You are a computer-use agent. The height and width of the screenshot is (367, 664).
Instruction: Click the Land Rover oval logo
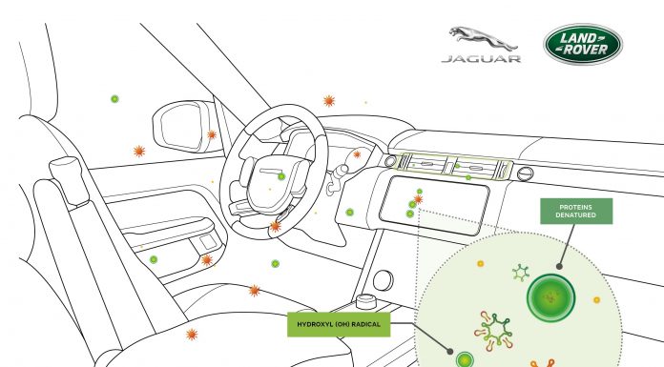pyautogui.click(x=583, y=44)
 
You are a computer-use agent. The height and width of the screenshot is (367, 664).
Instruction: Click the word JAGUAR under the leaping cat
pyautogui.click(x=480, y=59)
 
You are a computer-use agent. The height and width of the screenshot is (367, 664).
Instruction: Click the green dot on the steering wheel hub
pyautogui.click(x=280, y=176)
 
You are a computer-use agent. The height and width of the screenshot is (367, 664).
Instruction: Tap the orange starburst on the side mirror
pyautogui.click(x=212, y=135)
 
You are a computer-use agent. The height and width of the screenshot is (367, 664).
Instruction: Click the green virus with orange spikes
pyautogui.click(x=497, y=328)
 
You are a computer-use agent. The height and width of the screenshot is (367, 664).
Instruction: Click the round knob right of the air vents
pyautogui.click(x=524, y=173)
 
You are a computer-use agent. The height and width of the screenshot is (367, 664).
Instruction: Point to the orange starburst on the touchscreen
pyautogui.click(x=418, y=199)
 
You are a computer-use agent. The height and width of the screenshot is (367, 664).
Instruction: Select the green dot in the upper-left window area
pyautogui.click(x=114, y=98)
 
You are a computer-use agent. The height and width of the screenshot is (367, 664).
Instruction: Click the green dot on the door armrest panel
pyautogui.click(x=153, y=259)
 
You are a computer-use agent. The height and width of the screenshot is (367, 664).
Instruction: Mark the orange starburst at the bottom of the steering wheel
pyautogui.click(x=275, y=226)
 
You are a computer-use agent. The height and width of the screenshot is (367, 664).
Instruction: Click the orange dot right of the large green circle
pyautogui.click(x=596, y=299)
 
